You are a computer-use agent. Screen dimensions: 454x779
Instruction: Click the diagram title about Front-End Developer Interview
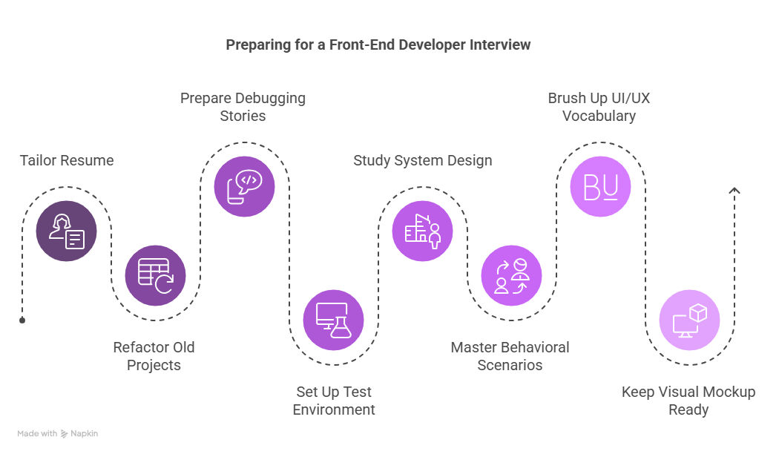coord(378,45)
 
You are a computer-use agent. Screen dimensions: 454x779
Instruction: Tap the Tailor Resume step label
coord(67,160)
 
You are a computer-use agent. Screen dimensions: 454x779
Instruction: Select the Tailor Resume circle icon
coord(67,231)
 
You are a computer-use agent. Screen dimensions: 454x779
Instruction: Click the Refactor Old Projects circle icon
coord(155,275)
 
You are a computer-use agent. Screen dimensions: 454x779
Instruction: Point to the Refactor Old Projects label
coord(154,356)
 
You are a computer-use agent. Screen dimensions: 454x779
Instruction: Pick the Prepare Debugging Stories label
coord(243,107)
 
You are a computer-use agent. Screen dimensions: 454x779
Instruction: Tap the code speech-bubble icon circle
coord(244,186)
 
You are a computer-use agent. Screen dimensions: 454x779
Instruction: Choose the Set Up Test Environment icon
coord(333,320)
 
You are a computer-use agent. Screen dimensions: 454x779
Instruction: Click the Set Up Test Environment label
coord(334,401)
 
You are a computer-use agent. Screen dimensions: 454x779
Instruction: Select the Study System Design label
coord(423,160)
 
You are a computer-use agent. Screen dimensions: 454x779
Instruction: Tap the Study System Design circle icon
coord(422,231)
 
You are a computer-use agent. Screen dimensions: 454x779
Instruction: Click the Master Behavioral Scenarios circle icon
coord(511,275)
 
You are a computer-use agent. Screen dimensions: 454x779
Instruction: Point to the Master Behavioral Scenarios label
coord(510,356)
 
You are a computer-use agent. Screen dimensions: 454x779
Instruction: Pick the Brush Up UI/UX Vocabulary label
coord(599,107)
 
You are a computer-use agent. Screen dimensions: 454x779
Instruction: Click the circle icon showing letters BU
coord(600,186)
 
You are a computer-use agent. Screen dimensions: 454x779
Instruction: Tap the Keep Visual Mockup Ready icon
coord(689,320)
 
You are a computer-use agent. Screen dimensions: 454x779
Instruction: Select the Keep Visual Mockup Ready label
coord(688,401)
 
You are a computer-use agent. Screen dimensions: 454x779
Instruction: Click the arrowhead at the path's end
coord(734,191)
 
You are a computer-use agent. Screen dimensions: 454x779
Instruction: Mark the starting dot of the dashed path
coord(22,320)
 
